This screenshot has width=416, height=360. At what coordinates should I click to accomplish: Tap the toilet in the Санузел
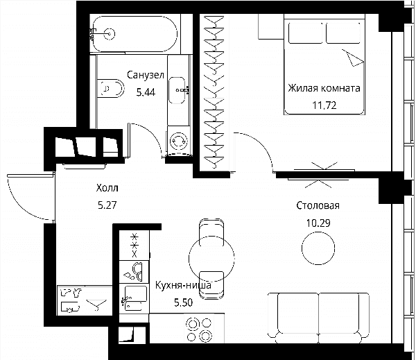coord(111,88)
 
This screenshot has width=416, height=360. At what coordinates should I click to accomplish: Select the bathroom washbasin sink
coord(177,90)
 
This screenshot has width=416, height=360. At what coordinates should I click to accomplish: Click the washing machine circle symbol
coord(178,140)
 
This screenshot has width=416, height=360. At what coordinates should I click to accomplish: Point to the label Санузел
coord(146,75)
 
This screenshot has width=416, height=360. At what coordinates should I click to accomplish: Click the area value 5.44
coord(146,92)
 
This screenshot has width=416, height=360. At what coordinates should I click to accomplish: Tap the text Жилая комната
coord(324,88)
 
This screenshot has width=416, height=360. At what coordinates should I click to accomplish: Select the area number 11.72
coord(324,105)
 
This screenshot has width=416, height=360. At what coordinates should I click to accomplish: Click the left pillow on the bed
coord(306,33)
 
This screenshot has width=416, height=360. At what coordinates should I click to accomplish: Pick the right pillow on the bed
coord(343,33)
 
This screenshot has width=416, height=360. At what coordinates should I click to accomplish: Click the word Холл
coord(107,188)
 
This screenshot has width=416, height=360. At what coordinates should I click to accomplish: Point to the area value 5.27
coord(107,205)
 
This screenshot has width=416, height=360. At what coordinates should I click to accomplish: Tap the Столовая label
coord(318,205)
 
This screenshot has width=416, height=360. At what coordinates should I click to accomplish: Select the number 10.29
coord(318,223)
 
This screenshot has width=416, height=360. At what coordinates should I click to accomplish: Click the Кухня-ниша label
coord(183,285)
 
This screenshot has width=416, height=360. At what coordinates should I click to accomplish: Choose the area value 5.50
coord(183,302)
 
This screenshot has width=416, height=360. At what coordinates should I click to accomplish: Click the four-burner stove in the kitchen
coord(199,329)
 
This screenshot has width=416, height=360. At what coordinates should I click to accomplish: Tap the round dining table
coord(211,257)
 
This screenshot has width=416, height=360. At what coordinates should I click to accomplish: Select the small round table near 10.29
coord(318,248)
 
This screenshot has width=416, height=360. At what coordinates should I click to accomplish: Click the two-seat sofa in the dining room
coord(318,318)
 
